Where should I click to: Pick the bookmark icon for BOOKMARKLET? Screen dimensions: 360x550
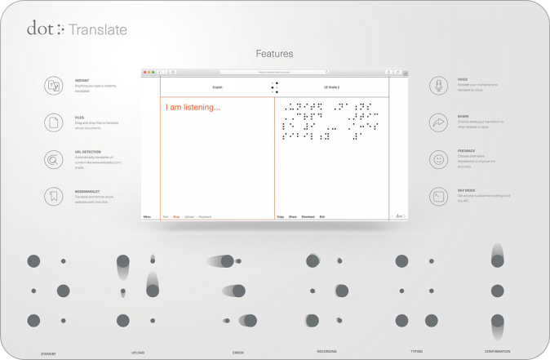pyautogui.click(x=54, y=196)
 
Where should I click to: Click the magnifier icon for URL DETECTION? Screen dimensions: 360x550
pyautogui.click(x=54, y=160)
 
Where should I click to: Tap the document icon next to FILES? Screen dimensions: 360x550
pyautogui.click(x=54, y=123)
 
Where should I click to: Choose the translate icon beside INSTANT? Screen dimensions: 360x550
pyautogui.click(x=54, y=86)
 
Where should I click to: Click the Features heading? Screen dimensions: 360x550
pyautogui.click(x=274, y=54)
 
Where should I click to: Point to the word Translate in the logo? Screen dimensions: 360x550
pyautogui.click(x=97, y=30)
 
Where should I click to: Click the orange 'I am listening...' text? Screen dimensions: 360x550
pyautogui.click(x=193, y=107)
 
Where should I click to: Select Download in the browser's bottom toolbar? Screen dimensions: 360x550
pyautogui.click(x=308, y=216)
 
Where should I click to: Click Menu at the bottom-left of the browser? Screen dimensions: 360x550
pyautogui.click(x=148, y=216)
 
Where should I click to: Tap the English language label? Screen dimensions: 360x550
pyautogui.click(x=217, y=86)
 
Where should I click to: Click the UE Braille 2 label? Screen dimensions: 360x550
pyautogui.click(x=331, y=86)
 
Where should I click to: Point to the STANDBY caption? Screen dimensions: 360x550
pyautogui.click(x=48, y=353)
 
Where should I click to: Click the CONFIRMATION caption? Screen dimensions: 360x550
pyautogui.click(x=496, y=352)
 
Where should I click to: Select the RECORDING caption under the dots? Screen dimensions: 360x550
pyautogui.click(x=326, y=352)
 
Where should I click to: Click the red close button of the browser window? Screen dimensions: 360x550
pyautogui.click(x=145, y=72)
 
